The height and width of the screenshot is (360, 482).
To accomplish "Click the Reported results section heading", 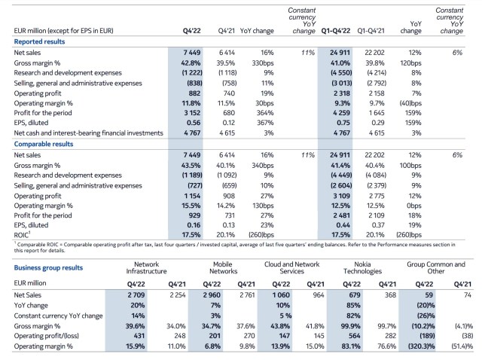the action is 39,41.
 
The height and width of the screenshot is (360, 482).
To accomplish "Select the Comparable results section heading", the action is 44,144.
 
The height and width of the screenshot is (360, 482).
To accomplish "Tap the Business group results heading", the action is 48,267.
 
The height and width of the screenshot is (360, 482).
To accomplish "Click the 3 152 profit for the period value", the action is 192,113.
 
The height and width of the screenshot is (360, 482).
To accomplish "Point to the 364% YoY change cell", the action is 265,113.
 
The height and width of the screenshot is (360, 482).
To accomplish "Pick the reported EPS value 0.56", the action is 194,123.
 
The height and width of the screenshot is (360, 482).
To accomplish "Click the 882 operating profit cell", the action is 194,93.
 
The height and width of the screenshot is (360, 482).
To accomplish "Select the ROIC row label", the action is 22,235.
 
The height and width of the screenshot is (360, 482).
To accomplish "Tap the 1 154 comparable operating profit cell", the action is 192,196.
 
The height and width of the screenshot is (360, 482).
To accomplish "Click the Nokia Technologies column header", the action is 362,268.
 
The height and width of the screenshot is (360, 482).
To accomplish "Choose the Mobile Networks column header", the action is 223,268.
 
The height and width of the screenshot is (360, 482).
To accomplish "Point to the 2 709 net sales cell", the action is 136,294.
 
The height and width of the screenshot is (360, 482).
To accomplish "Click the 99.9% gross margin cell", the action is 351,326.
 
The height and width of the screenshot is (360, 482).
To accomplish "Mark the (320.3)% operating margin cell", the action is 422,346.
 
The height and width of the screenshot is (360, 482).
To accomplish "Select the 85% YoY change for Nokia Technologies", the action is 353,305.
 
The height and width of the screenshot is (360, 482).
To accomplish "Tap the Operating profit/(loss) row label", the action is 46,336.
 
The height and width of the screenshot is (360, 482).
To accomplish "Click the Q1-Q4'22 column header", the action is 336,31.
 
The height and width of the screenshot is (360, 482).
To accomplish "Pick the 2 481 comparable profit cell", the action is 341,215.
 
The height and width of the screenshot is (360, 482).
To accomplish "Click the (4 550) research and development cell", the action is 341,73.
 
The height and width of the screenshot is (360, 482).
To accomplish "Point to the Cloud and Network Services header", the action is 291,268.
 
